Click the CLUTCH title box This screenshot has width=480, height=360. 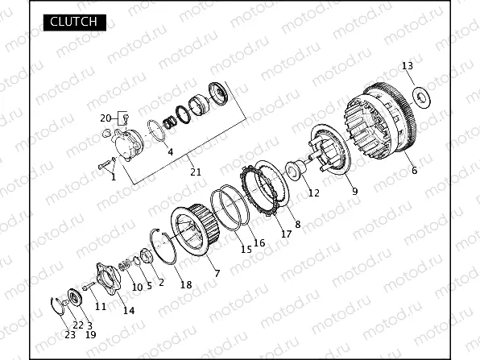point(75,23)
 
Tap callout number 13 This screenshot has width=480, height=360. point(408,66)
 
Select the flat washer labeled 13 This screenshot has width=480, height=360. point(421,97)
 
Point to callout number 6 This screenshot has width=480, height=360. point(414,170)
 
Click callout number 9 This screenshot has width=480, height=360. point(354,192)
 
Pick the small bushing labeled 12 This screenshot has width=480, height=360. point(296,170)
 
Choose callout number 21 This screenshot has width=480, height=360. point(196,172)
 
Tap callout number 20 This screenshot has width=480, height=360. point(106,118)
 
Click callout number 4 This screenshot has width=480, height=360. point(171,151)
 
